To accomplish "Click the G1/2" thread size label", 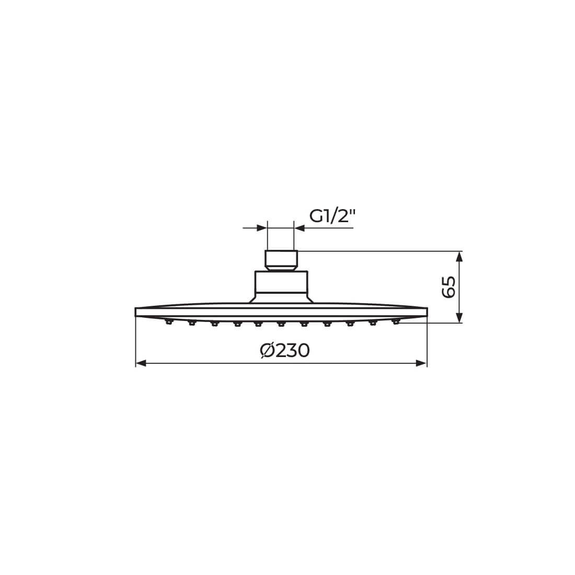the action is [x=332, y=217].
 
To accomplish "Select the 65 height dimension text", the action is [x=449, y=287].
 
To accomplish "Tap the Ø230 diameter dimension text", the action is [x=285, y=351].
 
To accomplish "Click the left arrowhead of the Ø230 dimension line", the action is [x=141, y=363].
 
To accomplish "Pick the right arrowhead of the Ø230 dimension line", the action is [x=421, y=363].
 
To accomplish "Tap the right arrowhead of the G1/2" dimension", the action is [x=300, y=228].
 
